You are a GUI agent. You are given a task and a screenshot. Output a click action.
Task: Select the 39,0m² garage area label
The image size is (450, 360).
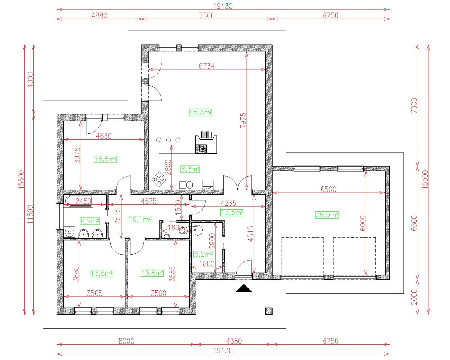coord(327,215)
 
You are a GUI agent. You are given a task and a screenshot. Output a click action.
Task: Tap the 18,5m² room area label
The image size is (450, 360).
coord(105,159)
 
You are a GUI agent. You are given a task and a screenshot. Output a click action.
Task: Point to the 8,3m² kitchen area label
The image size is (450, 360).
coord(190,169)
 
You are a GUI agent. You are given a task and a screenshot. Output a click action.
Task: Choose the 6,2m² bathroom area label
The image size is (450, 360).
coord(90,221)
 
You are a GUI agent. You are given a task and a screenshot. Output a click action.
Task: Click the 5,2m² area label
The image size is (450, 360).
coord(203,254)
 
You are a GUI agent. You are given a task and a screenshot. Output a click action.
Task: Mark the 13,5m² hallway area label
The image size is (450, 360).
coord(232,213)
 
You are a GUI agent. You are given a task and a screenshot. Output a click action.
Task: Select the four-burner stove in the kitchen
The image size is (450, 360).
coord(159,180)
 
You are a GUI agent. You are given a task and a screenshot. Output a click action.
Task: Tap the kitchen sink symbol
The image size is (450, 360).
coord(186,184)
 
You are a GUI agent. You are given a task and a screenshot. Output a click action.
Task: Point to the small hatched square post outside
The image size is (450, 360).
coord(269,310)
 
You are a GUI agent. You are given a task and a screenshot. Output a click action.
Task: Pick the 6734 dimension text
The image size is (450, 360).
coord(207,66)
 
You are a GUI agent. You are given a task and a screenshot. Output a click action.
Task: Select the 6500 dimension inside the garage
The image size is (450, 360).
coord(328,190)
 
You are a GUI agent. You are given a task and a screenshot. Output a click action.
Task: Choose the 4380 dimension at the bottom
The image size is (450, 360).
coord(234,341)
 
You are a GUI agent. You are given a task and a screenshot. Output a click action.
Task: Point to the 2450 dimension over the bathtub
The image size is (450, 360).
coord(84,201)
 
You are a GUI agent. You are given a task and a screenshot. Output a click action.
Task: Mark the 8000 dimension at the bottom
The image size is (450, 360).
coord(126,341)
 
